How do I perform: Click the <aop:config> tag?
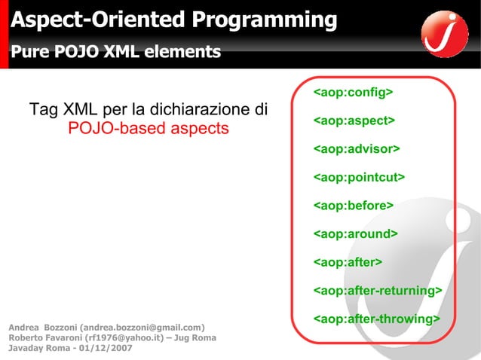point(353,93)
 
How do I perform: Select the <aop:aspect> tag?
point(354,121)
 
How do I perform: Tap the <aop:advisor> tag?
point(357,149)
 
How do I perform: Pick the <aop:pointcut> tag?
point(359,178)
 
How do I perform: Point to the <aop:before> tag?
point(354,206)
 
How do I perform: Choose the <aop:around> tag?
point(355,234)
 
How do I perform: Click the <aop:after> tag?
point(348,262)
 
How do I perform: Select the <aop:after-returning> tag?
point(377,291)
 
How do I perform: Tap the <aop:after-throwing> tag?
point(376,319)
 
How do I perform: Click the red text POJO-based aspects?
point(148,128)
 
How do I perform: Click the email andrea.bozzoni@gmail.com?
point(143,328)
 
